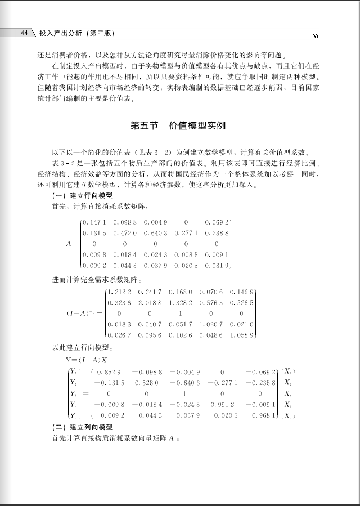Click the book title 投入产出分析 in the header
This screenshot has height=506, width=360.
point(59,34)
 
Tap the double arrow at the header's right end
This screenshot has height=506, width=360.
point(316,37)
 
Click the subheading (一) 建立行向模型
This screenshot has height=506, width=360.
point(83,196)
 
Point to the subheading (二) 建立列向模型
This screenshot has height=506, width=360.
point(83,427)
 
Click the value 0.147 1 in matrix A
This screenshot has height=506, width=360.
point(94,223)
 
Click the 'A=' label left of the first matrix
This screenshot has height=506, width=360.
point(72,245)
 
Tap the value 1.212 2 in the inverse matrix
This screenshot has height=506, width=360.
point(119,292)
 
